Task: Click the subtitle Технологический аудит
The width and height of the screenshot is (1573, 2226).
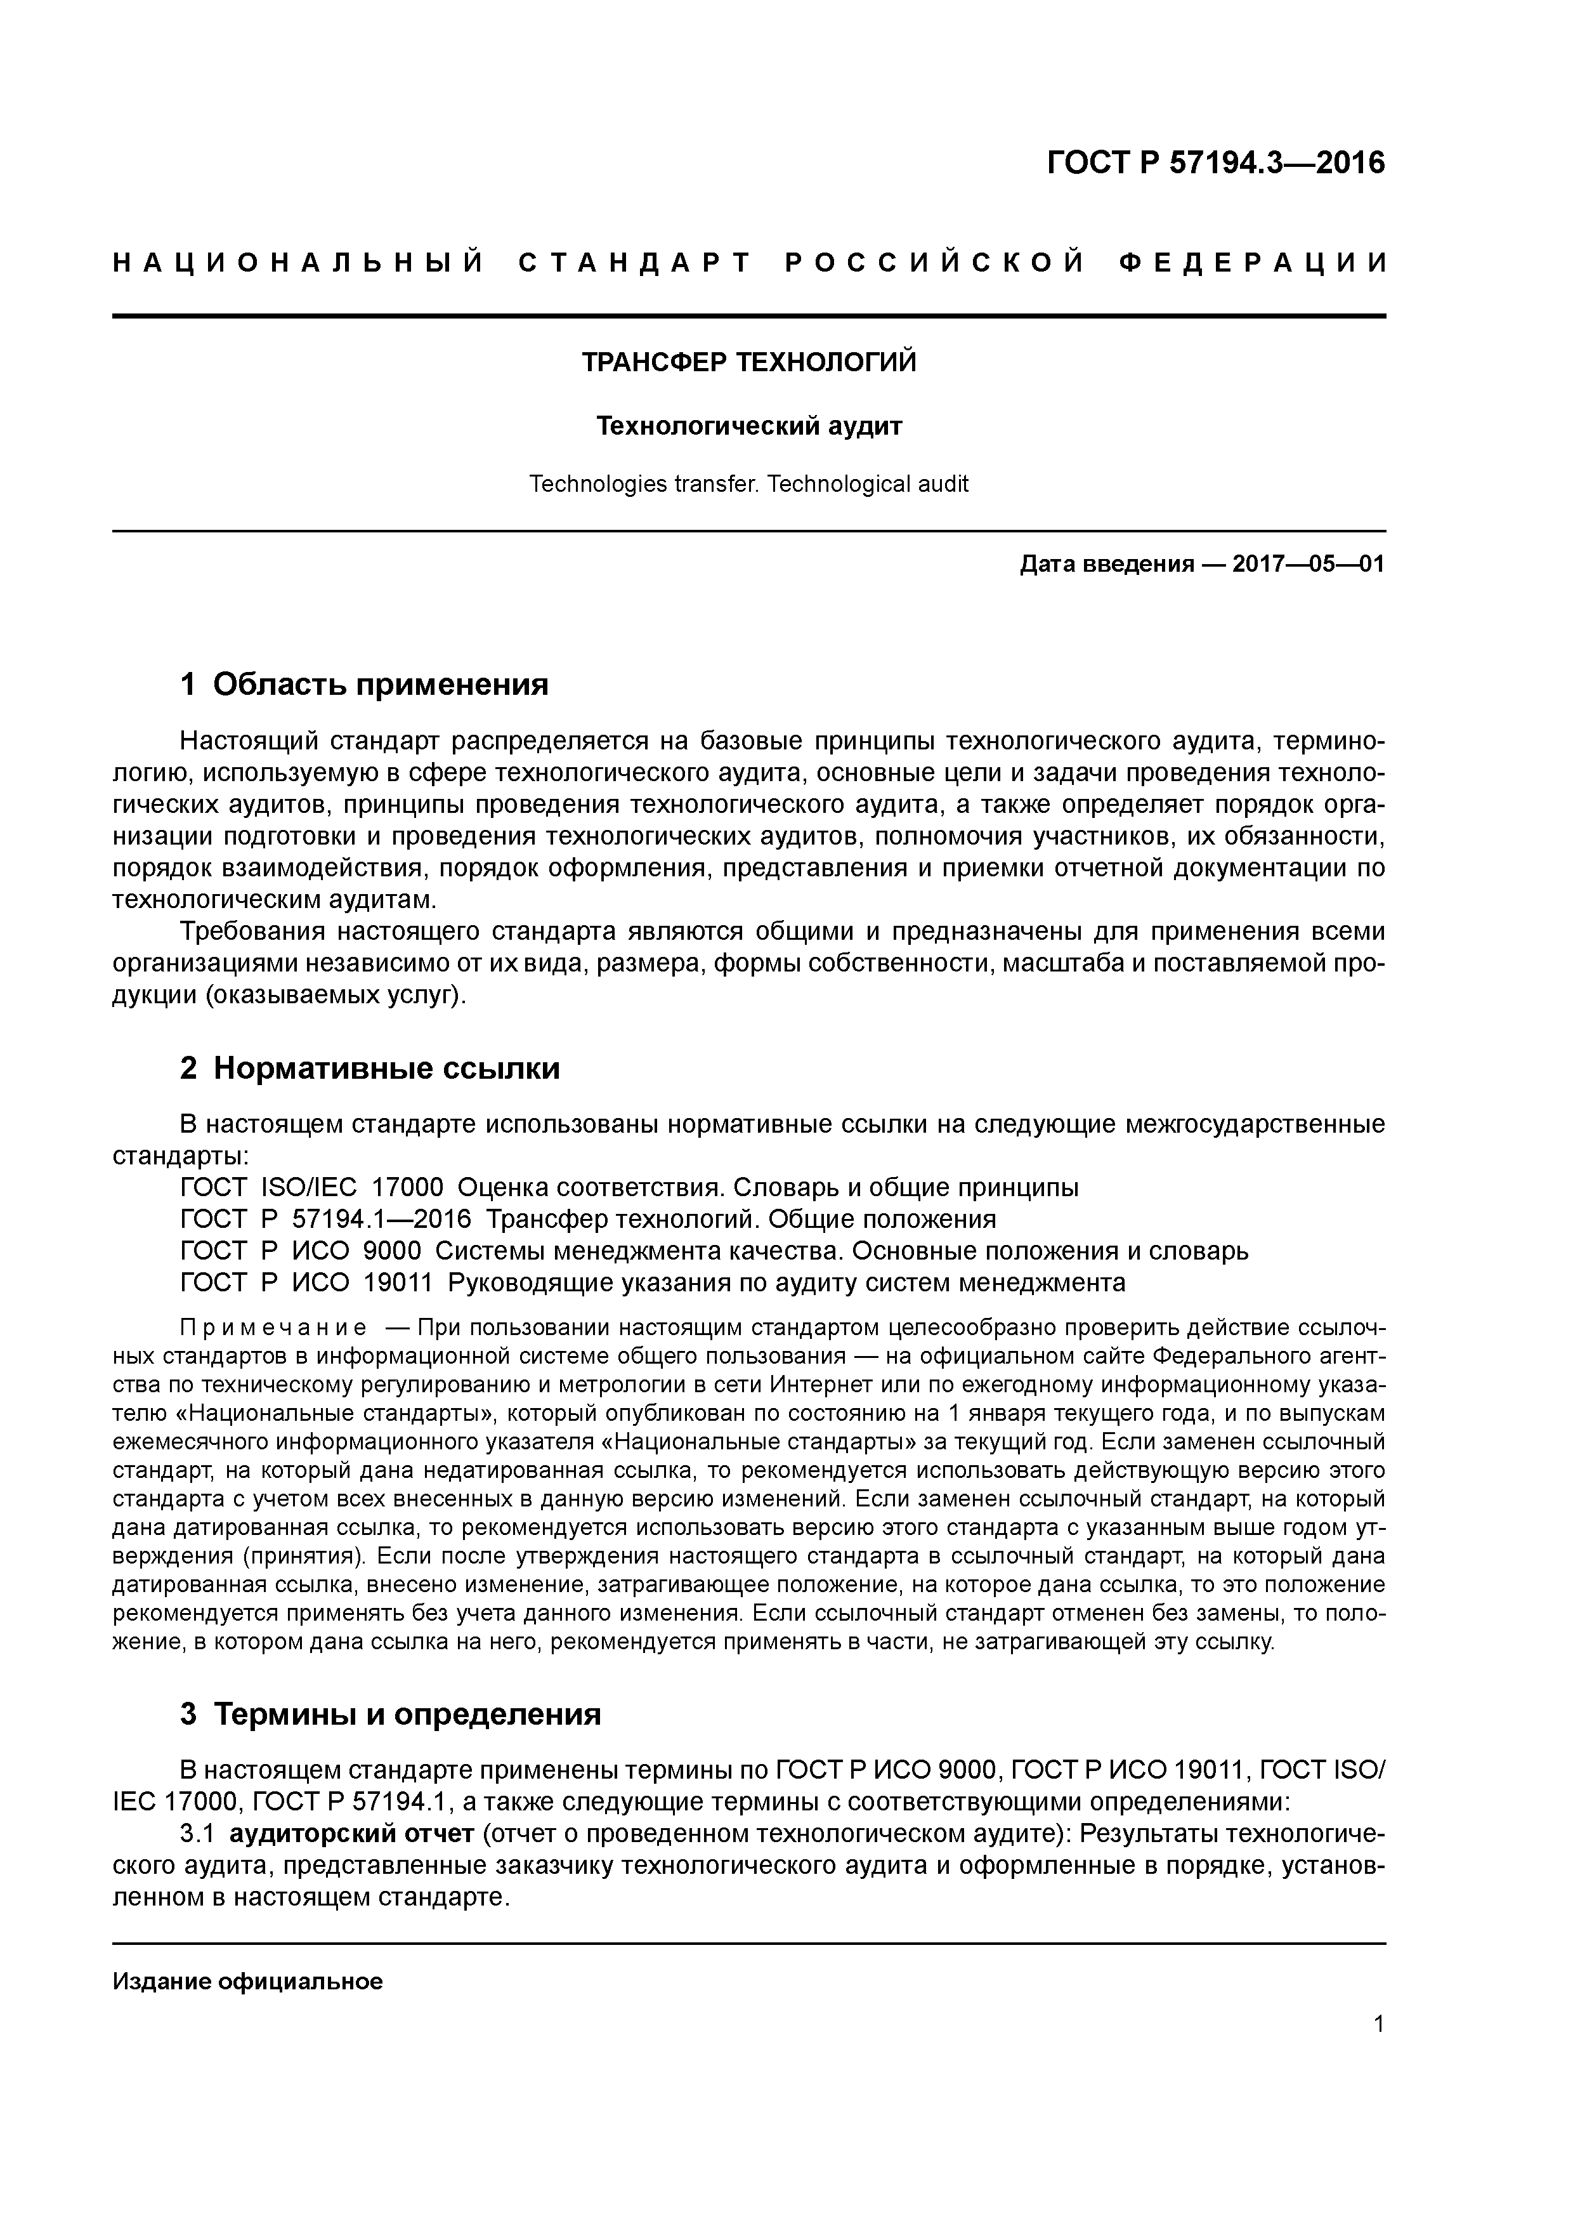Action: click(x=748, y=426)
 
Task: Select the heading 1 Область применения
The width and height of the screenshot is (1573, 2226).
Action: click(x=365, y=685)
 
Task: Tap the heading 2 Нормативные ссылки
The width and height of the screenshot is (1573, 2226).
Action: click(x=370, y=1069)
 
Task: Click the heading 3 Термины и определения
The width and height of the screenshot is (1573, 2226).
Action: click(x=391, y=1714)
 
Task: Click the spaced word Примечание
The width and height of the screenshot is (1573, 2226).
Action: click(x=273, y=1327)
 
